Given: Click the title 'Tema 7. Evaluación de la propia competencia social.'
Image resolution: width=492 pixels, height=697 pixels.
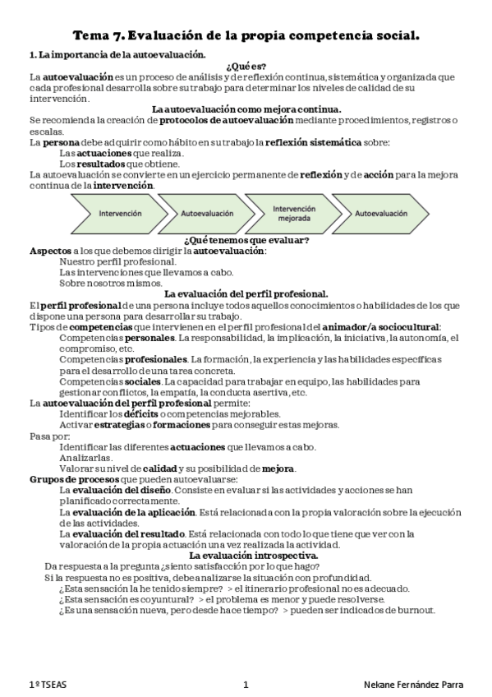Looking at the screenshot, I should click(246, 35).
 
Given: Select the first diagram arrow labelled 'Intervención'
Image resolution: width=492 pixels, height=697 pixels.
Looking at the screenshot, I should click(120, 214).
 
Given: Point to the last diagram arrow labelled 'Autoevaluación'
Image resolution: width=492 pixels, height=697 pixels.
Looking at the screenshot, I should click(380, 214).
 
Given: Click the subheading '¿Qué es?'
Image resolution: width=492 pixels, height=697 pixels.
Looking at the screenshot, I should click(246, 66).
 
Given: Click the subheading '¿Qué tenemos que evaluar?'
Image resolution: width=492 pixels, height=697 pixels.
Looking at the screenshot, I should click(246, 240).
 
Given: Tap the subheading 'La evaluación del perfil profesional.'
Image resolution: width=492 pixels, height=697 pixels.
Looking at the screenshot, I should click(246, 293).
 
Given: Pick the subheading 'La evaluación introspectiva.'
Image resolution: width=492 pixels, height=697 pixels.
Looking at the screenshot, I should click(246, 556).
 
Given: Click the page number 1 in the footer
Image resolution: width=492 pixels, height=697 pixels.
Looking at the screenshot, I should click(246, 684).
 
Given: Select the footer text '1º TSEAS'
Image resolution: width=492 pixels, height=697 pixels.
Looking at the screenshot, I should click(48, 684).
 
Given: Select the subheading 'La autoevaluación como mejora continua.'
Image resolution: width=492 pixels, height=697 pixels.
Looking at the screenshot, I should click(246, 109).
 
